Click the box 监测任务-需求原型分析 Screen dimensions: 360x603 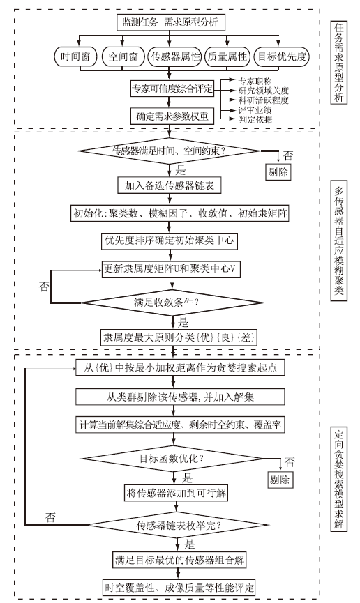pos(170,22)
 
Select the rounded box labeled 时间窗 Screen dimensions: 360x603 pos(75,57)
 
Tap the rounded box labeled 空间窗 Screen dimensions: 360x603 pos(123,57)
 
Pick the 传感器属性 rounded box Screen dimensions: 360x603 pos(176,57)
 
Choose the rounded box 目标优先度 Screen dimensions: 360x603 pos(282,57)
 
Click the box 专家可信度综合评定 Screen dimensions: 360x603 pos(172,89)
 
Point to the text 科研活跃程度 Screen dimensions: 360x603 pos(263,100)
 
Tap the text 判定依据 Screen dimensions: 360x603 pos(255,120)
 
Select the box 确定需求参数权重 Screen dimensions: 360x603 pos(172,116)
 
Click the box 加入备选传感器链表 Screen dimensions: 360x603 pos(169,185)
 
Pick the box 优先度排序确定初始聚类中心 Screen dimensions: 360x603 pos(169,241)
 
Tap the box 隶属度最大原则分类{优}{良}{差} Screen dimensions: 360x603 pos(179,337)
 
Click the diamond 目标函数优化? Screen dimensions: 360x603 pos(172,459)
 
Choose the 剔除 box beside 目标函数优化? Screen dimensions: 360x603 pos(280,480)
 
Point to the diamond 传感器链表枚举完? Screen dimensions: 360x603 pos(177,526)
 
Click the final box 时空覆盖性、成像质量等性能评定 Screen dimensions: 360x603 pos(179,588)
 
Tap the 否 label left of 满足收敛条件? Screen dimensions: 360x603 pos(45,287)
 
